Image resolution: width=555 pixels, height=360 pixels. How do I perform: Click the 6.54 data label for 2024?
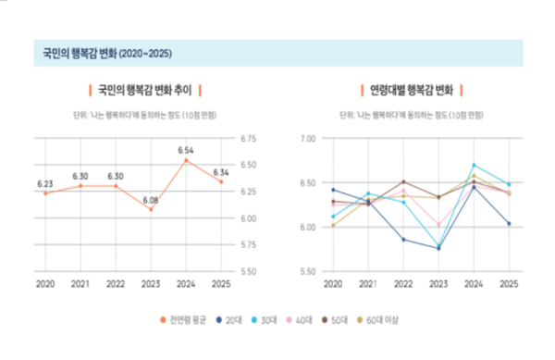(x=185, y=150)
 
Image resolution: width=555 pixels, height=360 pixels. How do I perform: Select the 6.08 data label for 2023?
(x=150, y=199)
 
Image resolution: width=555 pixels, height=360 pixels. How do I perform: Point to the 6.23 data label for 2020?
(x=45, y=183)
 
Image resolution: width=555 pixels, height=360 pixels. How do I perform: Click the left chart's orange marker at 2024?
(x=185, y=160)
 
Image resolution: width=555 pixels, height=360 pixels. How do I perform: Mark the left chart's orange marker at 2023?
(x=150, y=209)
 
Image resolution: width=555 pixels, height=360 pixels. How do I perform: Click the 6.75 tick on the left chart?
(x=248, y=139)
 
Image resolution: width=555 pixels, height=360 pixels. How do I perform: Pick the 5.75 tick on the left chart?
(x=248, y=245)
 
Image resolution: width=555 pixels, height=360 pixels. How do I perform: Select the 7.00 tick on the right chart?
(x=307, y=139)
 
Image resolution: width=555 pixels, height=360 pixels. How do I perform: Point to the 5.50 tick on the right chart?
(x=307, y=272)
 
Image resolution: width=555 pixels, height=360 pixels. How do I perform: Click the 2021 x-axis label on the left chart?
(x=80, y=283)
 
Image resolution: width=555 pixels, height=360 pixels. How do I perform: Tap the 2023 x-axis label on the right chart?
(x=438, y=283)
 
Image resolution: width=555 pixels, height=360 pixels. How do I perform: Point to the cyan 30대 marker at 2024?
(x=474, y=165)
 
